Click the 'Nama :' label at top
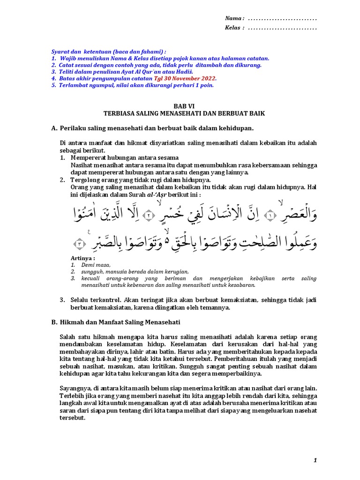click(x=234, y=18)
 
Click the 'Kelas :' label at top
click(x=235, y=28)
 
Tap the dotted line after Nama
click(x=282, y=19)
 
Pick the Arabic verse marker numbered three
click(x=81, y=243)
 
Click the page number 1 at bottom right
click(x=315, y=461)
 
